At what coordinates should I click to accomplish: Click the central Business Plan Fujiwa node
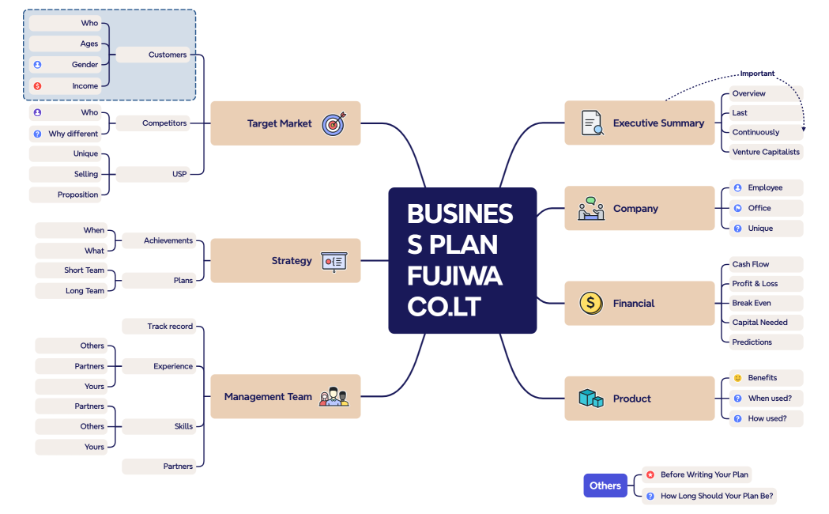coord(462,260)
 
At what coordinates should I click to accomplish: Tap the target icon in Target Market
coord(333,123)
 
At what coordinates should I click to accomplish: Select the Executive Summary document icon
coord(592,123)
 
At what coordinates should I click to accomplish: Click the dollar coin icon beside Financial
coord(590,303)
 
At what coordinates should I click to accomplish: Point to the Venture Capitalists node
coord(765,152)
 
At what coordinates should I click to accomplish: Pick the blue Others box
coord(605,486)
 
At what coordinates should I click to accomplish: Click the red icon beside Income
coord(37,85)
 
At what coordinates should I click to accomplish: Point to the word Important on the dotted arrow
coord(757,74)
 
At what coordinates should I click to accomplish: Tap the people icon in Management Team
coord(333,397)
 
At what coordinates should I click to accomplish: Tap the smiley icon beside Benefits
coord(737,378)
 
